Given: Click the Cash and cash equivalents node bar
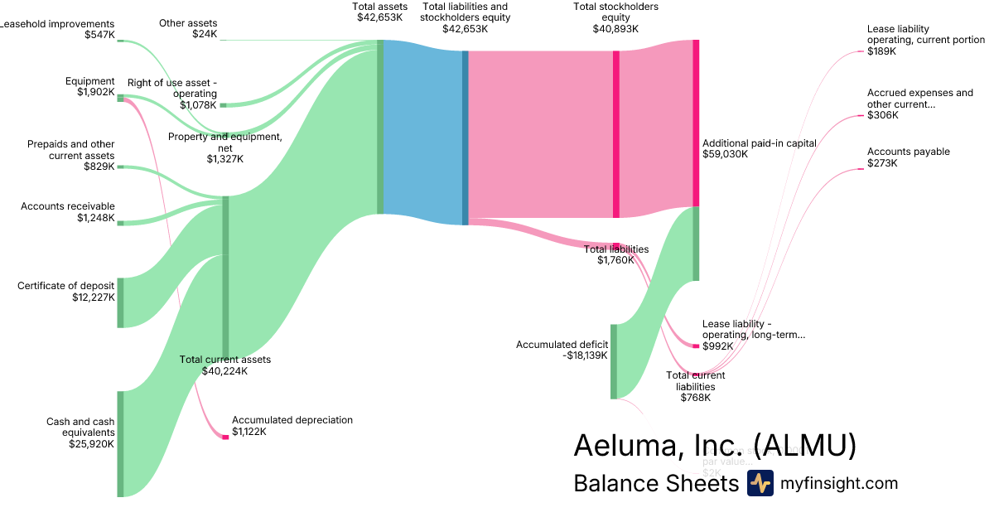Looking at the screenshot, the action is coord(120,443).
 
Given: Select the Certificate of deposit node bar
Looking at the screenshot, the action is coord(120,302).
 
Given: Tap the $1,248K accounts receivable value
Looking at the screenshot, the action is coord(95,218).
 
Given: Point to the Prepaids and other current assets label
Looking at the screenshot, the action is coord(70,150).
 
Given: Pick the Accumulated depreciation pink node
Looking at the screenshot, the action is coord(224,437).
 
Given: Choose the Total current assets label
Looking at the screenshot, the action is coord(225,360).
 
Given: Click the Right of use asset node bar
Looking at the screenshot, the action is coord(223,105).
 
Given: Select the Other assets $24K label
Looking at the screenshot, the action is coord(188,29).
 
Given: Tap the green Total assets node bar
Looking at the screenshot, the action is coord(380,126).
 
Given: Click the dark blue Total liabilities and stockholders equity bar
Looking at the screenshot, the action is coord(466,138).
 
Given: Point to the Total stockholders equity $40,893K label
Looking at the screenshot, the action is coord(615,17).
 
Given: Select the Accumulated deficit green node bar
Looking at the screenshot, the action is coord(614,361).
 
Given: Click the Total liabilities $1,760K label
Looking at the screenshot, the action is coord(616,254).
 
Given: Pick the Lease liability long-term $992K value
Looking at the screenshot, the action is coord(717,346).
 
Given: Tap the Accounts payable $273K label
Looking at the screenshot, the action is coord(908,157).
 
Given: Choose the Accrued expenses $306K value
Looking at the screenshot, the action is coord(882,115).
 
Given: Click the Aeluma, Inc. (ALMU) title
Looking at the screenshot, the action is coord(714,446).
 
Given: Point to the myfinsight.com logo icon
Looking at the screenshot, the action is coord(760,483).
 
